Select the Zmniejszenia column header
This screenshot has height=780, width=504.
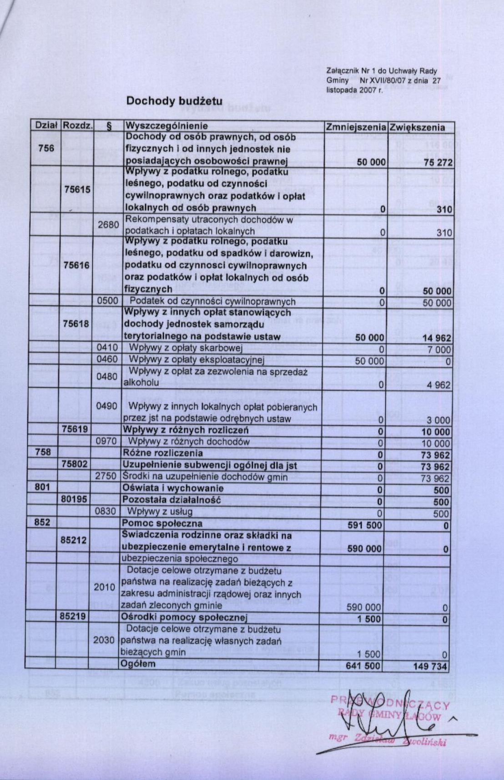[356, 127]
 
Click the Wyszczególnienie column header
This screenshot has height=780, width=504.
[166, 126]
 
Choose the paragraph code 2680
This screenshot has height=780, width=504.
[108, 225]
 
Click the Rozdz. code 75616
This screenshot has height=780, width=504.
[77, 265]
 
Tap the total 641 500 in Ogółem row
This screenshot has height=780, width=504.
[363, 666]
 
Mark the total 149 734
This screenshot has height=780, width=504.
[431, 666]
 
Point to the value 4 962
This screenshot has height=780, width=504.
[438, 385]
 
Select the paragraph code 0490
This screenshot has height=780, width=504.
[107, 406]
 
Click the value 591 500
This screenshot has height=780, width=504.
[364, 525]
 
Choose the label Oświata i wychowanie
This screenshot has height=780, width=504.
[173, 489]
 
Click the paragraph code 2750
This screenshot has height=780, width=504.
[107, 477]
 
